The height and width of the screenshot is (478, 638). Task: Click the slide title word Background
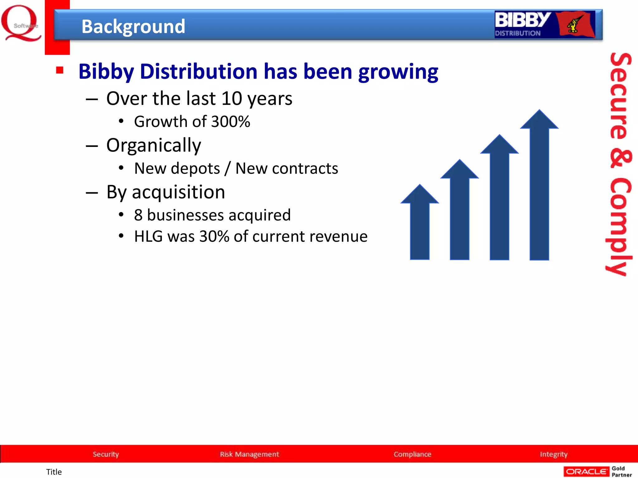(133, 26)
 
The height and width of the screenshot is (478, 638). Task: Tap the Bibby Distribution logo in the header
(545, 25)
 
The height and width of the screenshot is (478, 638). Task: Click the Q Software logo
(21, 23)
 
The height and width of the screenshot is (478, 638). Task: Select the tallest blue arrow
(539, 187)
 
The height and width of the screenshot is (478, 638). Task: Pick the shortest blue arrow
(420, 224)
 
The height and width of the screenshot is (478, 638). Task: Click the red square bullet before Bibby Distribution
(60, 70)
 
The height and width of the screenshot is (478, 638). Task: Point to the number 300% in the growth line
(231, 121)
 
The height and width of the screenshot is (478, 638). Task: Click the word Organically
(154, 145)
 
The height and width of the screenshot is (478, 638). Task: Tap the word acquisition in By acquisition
(178, 192)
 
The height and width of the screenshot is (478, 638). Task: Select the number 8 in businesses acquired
(138, 215)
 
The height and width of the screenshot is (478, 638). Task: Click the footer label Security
(106, 454)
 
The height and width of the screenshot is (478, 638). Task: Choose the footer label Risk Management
(249, 454)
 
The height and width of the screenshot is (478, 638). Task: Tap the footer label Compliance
(412, 454)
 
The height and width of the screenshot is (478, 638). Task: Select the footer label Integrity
(554, 454)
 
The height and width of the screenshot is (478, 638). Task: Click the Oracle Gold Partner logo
(598, 471)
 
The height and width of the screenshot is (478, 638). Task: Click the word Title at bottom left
(54, 472)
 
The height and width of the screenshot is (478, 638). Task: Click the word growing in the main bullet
(398, 72)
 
